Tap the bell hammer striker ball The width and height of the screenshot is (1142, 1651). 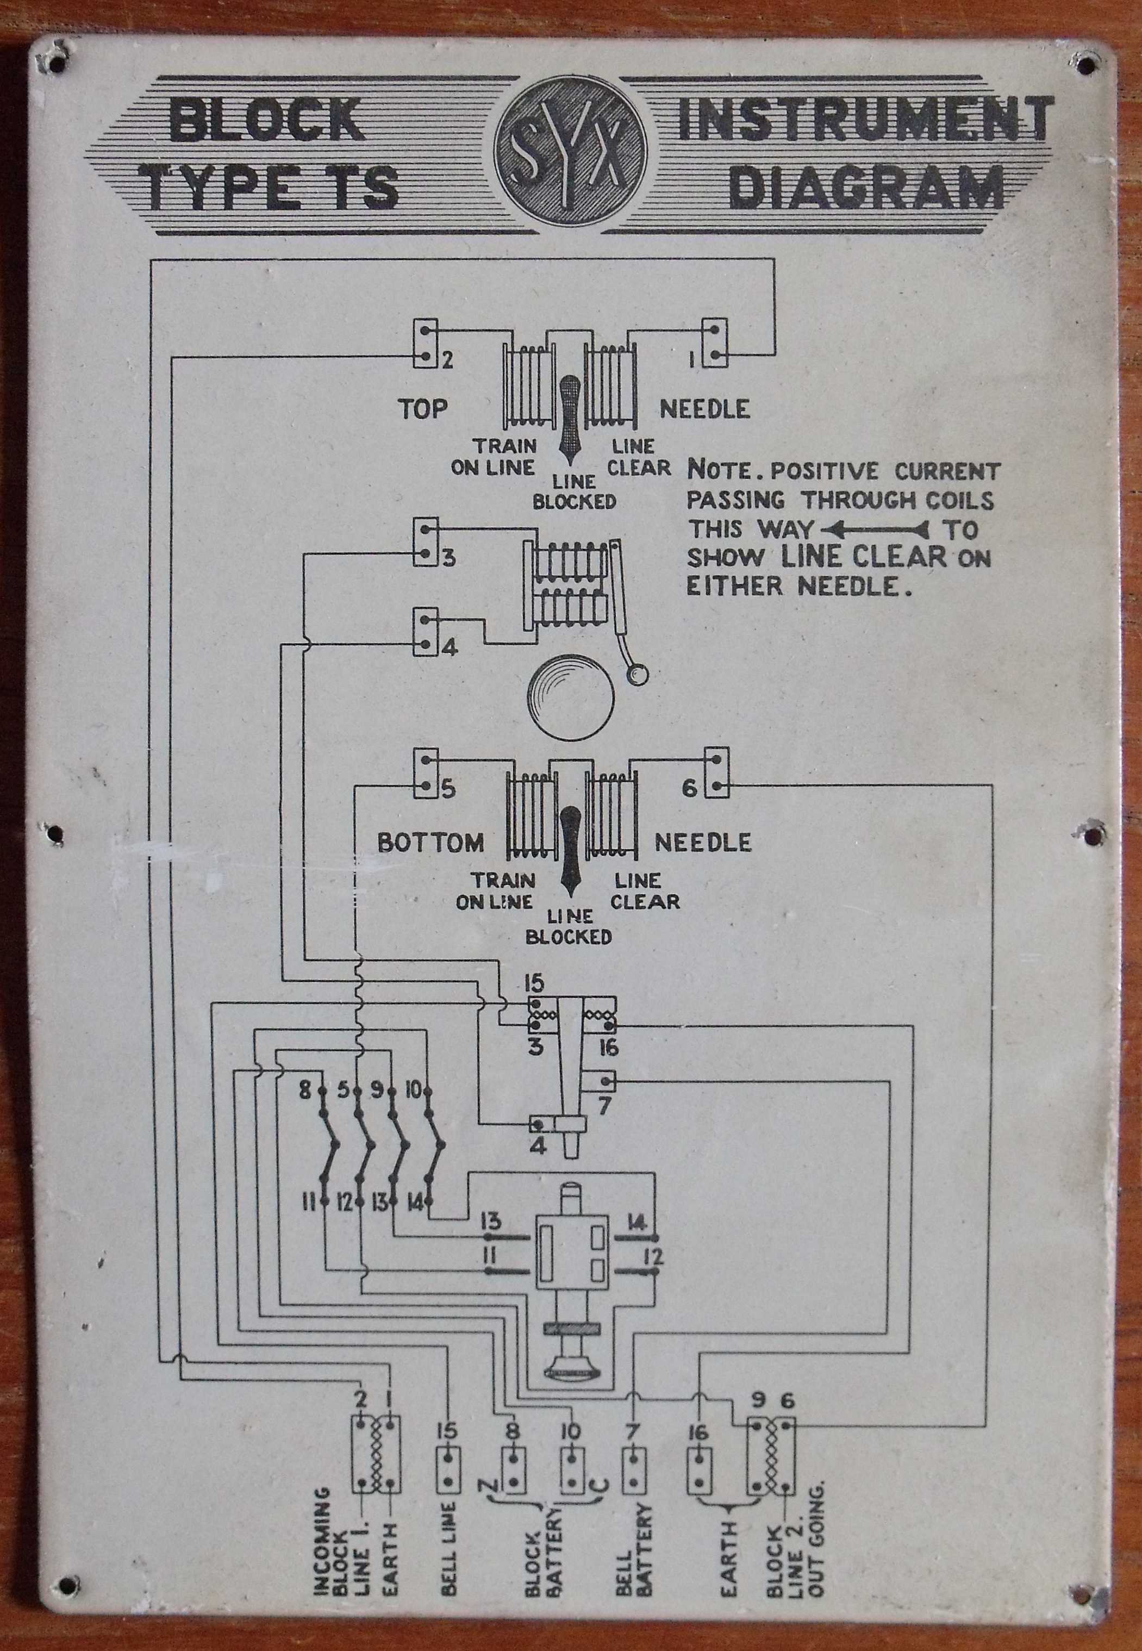pos(637,674)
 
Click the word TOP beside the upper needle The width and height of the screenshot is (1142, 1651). pos(423,409)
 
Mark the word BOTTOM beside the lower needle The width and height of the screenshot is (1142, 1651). pos(430,843)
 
